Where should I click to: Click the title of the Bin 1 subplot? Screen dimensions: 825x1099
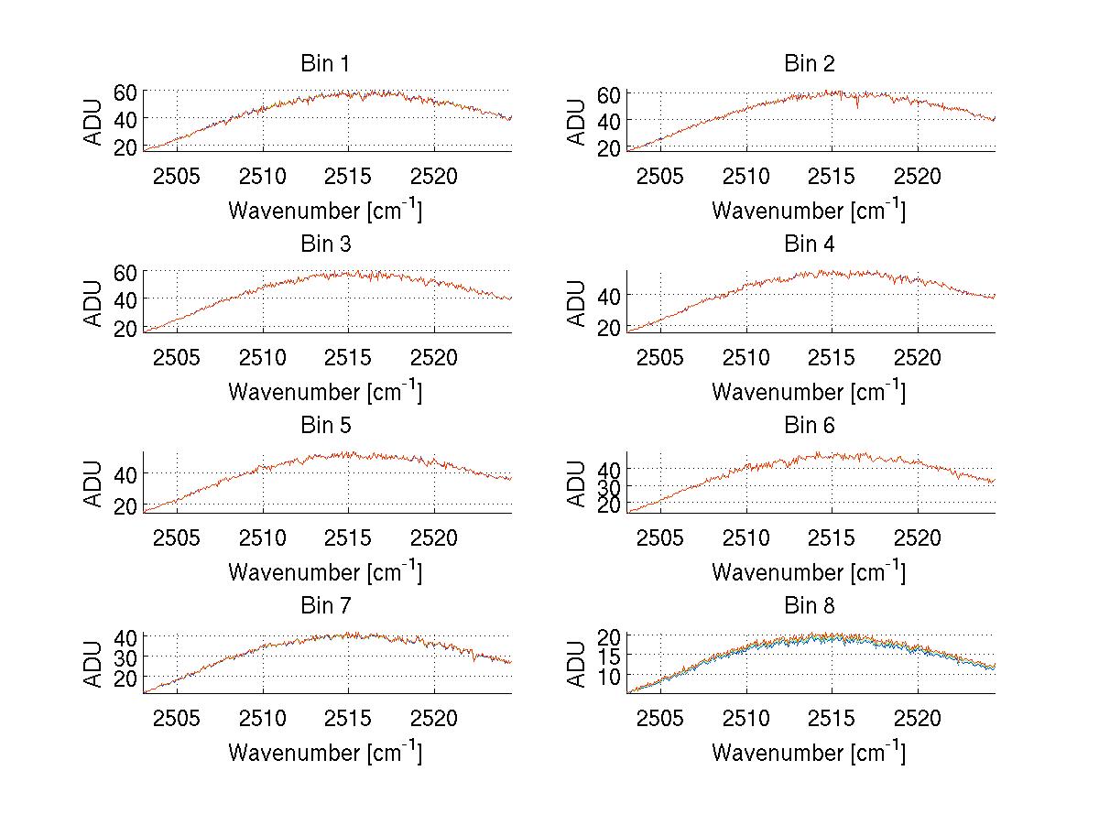325,64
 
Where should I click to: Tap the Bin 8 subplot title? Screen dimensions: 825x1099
810,606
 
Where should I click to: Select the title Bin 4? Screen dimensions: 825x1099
810,244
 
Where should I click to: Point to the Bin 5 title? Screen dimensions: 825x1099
325,426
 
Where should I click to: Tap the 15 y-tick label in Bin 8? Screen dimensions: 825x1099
608,656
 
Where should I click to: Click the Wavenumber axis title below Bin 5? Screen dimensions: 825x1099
325,571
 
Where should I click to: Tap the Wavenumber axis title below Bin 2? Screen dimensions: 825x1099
810,210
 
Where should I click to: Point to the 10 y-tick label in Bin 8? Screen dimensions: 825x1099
608,676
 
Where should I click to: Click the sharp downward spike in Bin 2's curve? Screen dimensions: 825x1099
857,108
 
